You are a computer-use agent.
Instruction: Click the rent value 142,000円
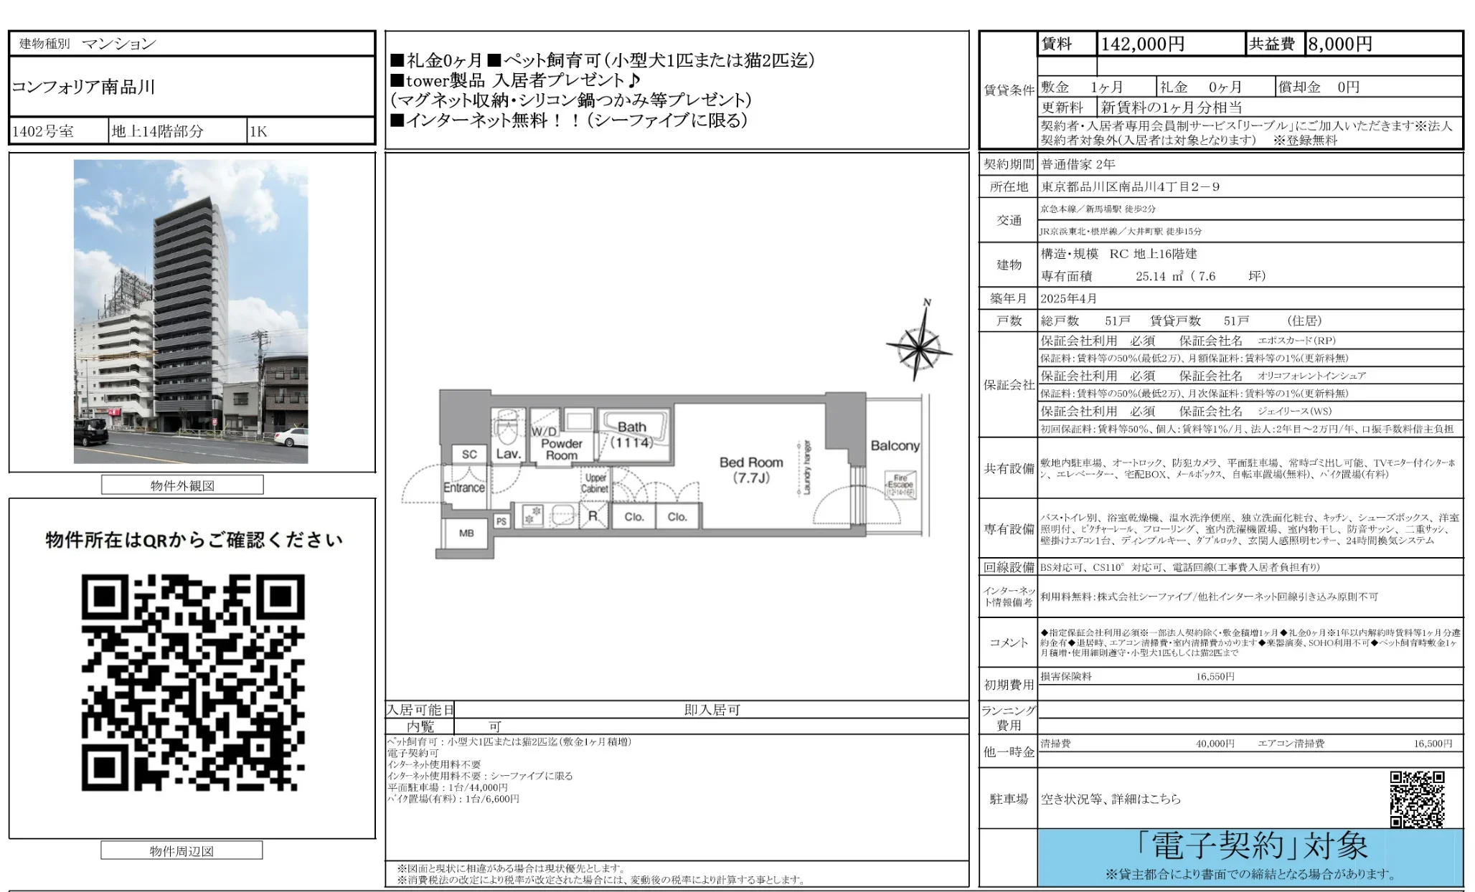tap(1142, 44)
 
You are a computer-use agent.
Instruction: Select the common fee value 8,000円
tap(1339, 44)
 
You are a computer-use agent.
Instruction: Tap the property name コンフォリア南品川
tap(83, 87)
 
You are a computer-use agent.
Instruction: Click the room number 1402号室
tap(43, 132)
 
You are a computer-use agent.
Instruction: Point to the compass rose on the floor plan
tap(918, 348)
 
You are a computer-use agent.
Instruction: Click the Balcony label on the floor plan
tap(895, 446)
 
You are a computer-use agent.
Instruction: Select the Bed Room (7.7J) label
tap(751, 470)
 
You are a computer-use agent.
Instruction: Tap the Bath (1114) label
tap(632, 435)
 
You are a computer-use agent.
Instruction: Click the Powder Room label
tap(561, 449)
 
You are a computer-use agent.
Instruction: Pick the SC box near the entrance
tap(469, 455)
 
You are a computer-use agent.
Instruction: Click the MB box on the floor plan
tap(466, 533)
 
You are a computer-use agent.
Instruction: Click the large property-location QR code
tap(192, 683)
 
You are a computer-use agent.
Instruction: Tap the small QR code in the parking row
tap(1416, 799)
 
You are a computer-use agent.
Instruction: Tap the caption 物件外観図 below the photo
tap(182, 486)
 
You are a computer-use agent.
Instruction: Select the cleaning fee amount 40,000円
tap(1215, 744)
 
